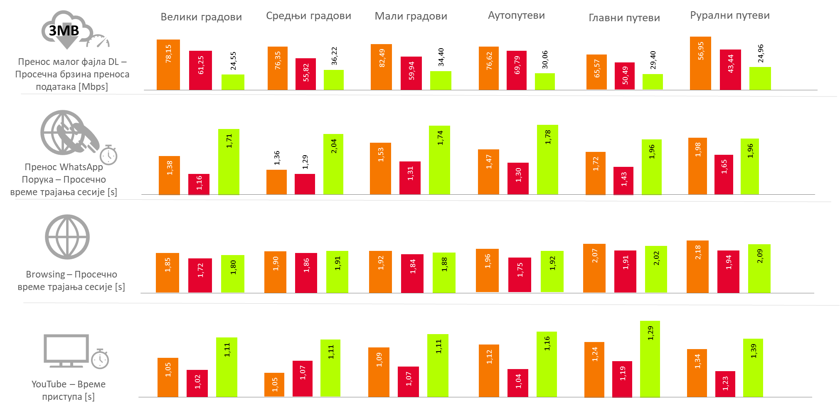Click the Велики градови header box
pos(202,17)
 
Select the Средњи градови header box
pos(309,16)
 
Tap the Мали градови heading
pos(411,16)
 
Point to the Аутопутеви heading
pos(516,15)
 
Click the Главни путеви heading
pos(624,18)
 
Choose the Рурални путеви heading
pos(729,15)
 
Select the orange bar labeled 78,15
pos(168,64)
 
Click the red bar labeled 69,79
pos(517,70)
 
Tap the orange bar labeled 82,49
pos(381,67)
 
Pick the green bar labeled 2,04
pos(333,164)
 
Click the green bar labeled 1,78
pos(547,159)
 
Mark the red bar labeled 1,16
pos(199,184)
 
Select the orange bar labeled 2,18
pos(697,266)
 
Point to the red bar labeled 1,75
pos(520,275)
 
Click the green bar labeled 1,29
pos(650,359)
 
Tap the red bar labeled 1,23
pos(725,384)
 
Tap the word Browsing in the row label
pos(45,275)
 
